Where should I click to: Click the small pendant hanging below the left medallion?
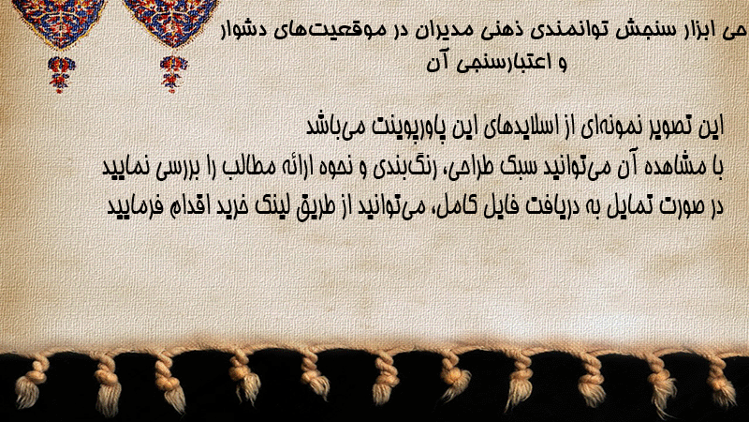60,74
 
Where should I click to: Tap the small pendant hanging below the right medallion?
173,74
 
